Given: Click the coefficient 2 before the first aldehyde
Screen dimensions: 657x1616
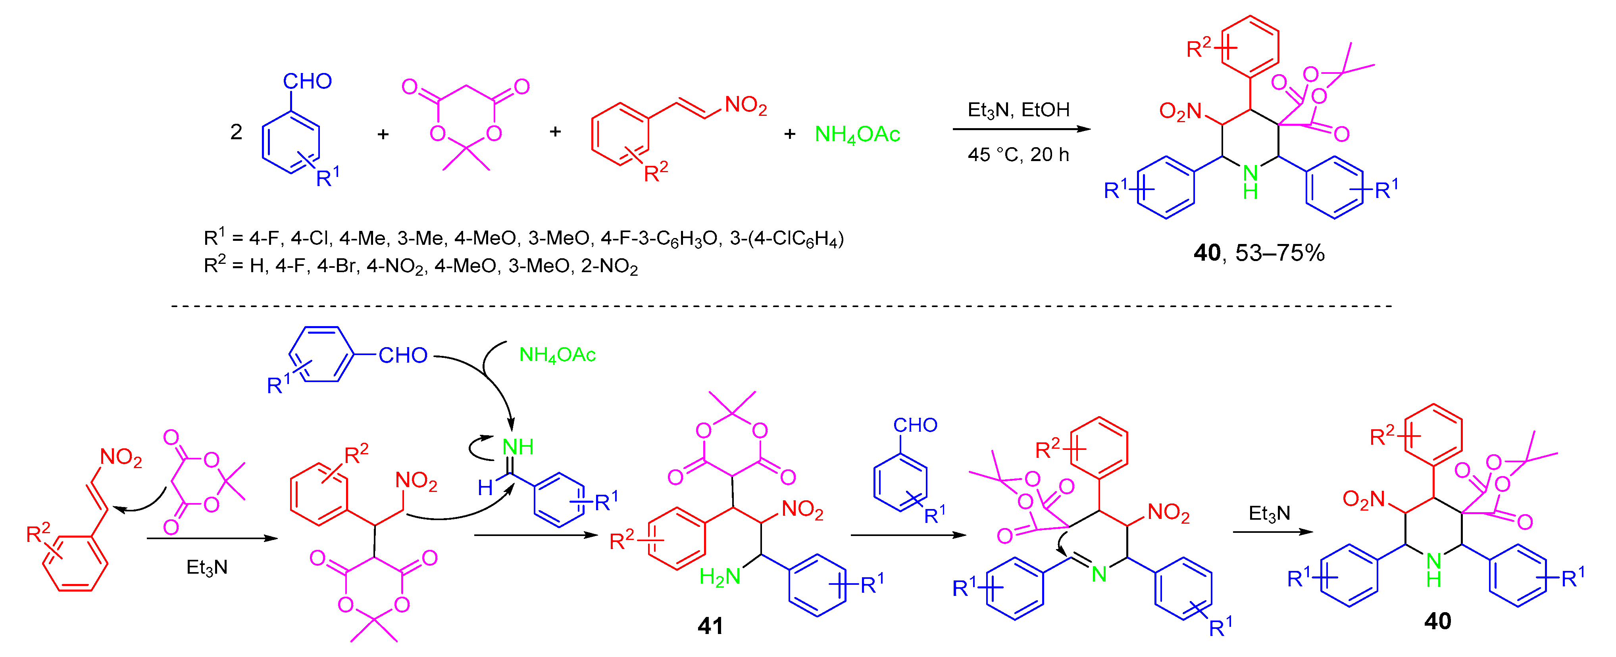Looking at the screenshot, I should click(236, 132).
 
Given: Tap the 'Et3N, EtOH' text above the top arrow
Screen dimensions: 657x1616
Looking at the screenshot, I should click(1018, 110).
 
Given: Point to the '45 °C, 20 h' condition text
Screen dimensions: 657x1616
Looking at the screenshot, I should click(1018, 155).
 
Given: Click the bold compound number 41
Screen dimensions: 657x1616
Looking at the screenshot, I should click(710, 626).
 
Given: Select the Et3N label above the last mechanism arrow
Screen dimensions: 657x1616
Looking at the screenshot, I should click(1269, 513).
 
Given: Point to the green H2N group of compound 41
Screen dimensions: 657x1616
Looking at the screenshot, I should click(720, 576).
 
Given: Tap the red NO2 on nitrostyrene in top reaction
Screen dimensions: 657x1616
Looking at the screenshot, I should click(745, 105).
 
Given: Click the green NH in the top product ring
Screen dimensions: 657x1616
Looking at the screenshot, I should click(1250, 181).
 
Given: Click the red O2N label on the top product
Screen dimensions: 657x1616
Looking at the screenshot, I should click(1180, 111).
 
